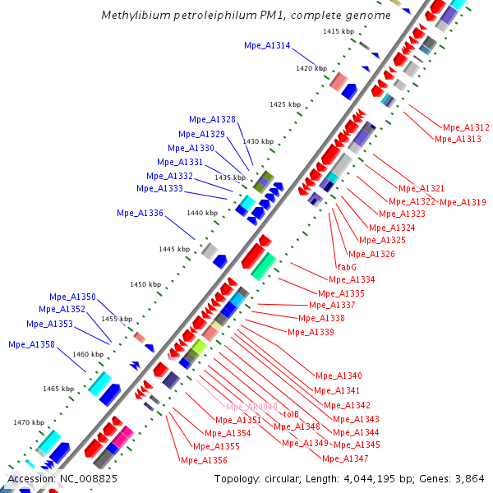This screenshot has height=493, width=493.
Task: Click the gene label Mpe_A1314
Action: pos(267,46)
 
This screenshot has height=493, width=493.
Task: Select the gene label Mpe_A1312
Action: pos(466,127)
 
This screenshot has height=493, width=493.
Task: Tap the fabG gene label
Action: pos(347,266)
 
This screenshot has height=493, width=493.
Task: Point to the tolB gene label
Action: pos(291,414)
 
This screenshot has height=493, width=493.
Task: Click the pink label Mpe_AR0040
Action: pos(252,407)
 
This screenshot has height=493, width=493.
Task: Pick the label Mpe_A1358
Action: pos(31,344)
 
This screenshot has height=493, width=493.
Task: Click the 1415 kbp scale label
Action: pos(339,31)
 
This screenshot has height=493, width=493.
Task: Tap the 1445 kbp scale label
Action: pos(174,248)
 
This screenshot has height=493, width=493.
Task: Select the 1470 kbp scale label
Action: pos(28,422)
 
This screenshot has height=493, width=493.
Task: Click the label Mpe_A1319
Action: pos(463,201)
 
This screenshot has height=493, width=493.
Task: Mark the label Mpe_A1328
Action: pos(212,119)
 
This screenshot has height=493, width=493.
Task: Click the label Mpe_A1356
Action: pos(204,460)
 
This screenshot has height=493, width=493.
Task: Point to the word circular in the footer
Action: pos(285,478)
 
